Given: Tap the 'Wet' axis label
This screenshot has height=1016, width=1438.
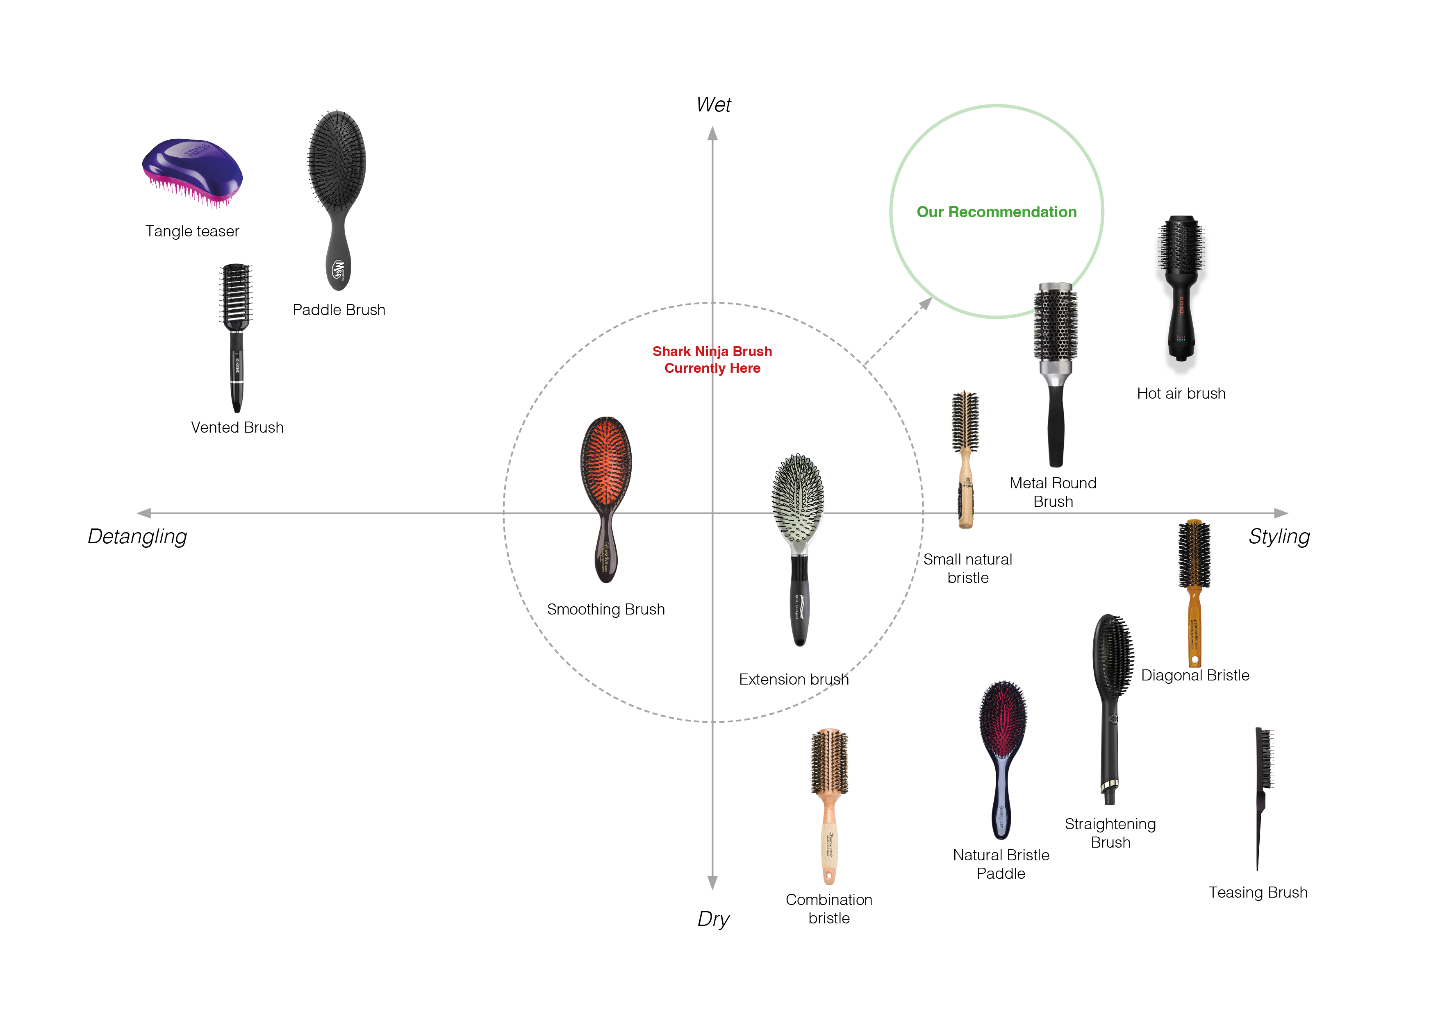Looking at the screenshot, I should [x=713, y=104].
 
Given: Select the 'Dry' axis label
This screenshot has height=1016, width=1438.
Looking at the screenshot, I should [x=713, y=918].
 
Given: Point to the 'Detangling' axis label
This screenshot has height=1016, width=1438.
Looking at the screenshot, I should [x=137, y=537].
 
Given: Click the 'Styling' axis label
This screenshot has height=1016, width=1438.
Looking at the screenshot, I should [x=1279, y=537].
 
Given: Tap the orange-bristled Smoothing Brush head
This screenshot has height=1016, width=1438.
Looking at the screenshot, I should [x=605, y=460].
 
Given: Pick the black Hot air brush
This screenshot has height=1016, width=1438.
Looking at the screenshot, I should [x=1181, y=294].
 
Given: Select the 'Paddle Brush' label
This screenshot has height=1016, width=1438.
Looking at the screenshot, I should [x=339, y=310].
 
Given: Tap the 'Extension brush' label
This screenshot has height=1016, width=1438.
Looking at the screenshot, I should [x=794, y=679].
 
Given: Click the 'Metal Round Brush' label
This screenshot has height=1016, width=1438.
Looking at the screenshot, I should [x=1053, y=492].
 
